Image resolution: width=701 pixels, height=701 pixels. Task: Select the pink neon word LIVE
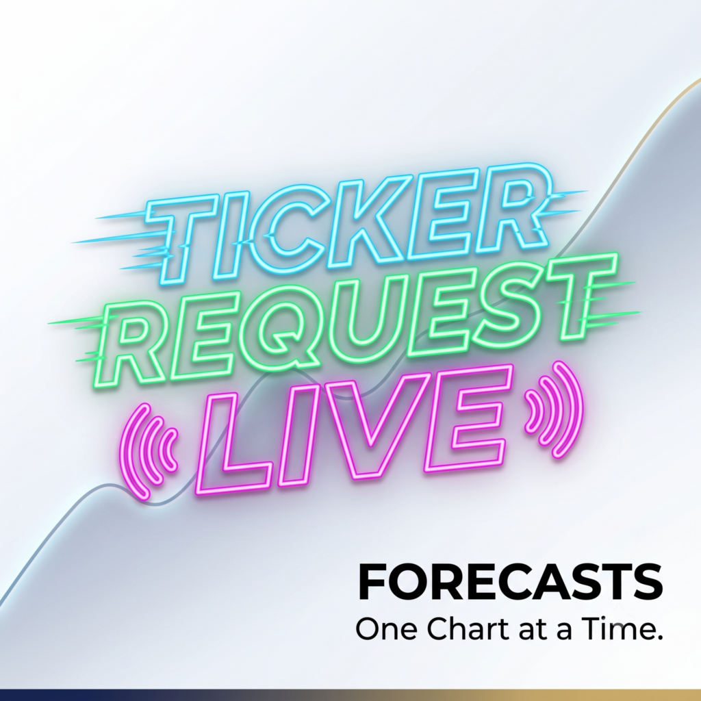coord(353,429)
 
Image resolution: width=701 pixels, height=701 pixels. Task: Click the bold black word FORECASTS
coord(510,582)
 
